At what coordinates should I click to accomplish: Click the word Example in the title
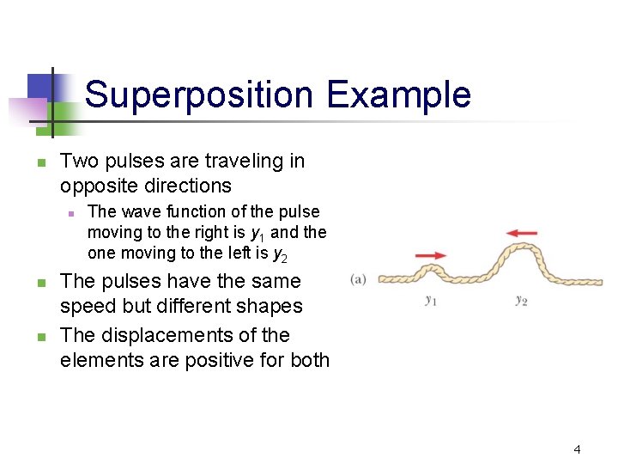point(398,95)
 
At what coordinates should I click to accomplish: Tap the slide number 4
point(577,449)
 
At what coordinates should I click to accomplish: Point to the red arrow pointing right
point(431,255)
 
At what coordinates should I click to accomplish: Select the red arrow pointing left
point(522,232)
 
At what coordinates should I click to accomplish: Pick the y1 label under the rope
point(432,300)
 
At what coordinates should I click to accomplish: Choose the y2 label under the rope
point(521,300)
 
